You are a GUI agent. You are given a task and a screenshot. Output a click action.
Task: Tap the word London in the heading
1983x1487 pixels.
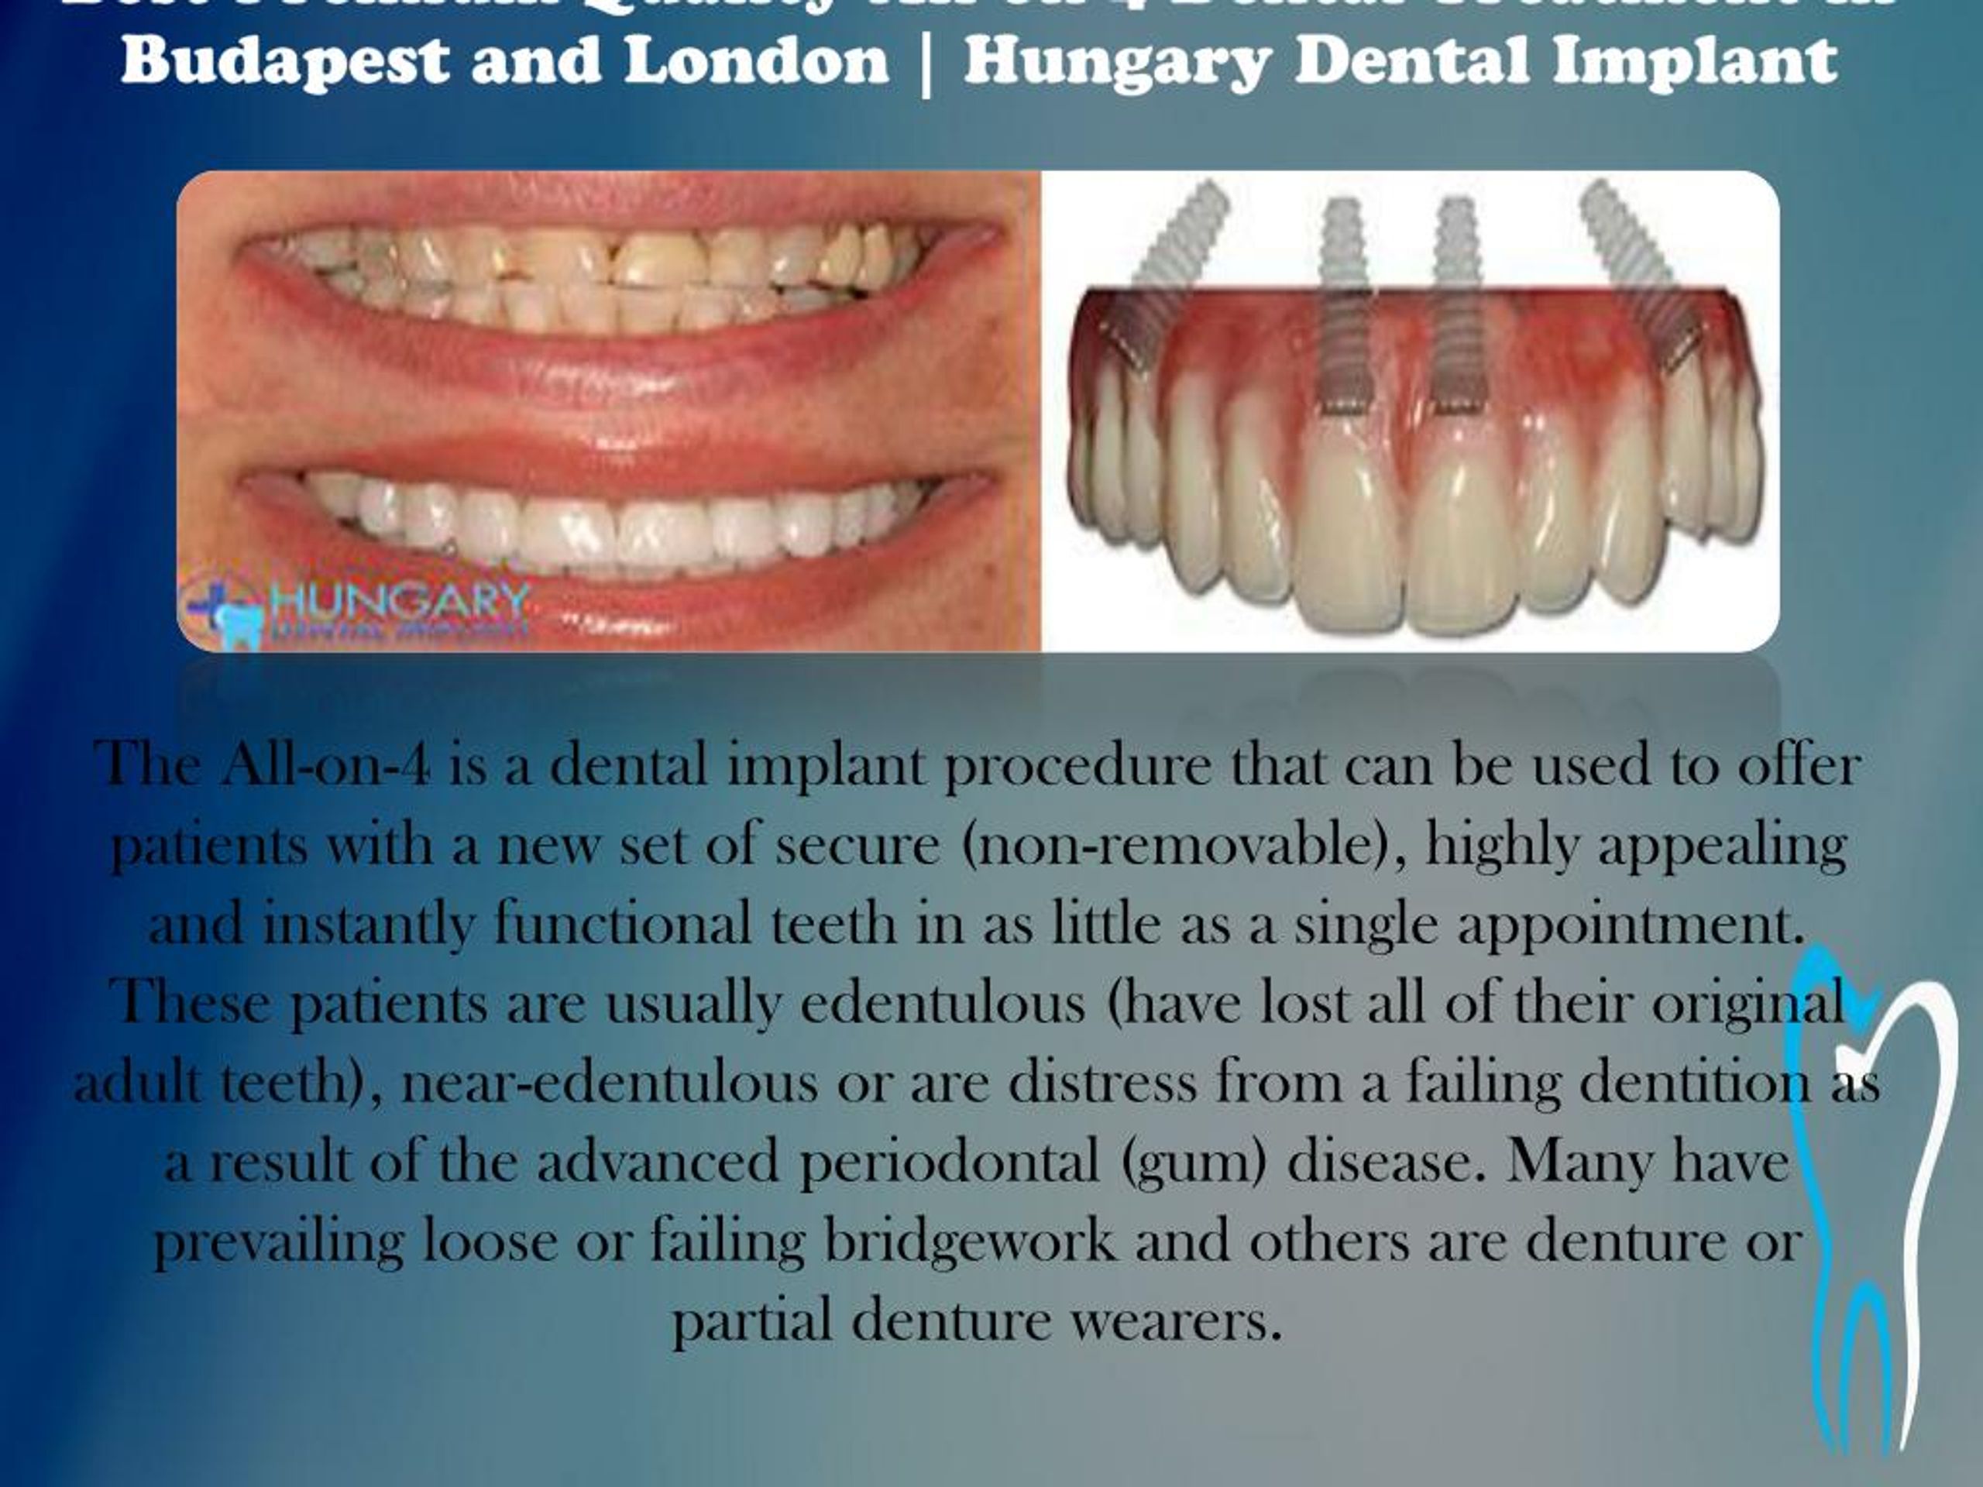pos(756,61)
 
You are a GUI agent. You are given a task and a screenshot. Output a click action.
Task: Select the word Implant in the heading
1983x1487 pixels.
pos(1694,61)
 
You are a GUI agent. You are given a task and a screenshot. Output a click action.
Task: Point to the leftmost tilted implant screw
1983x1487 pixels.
pos(1166,269)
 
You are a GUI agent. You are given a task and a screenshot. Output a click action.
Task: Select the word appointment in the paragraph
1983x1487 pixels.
pos(1630,925)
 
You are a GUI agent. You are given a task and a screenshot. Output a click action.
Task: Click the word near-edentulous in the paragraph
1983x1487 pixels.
pos(609,1083)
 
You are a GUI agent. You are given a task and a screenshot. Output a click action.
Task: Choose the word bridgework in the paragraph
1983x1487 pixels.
pos(970,1242)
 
